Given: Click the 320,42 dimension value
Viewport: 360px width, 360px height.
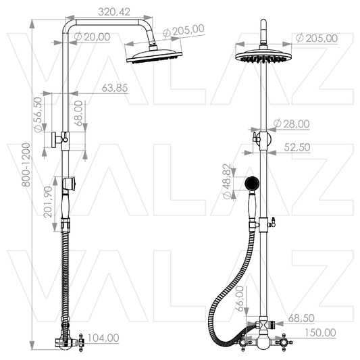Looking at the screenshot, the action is tap(114, 12).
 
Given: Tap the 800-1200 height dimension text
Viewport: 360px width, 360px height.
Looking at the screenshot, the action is tap(26, 165).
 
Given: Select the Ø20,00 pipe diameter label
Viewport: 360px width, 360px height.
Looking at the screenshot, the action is tap(93, 37).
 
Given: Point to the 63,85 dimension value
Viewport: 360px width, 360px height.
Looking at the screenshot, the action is tap(115, 88).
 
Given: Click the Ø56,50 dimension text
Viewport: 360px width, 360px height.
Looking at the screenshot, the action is tap(38, 115).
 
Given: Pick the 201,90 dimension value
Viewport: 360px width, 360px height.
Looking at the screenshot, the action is tap(49, 202).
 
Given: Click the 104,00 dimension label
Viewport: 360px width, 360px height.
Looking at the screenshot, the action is tap(103, 338).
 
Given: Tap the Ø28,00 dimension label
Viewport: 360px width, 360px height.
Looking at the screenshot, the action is tap(292, 124).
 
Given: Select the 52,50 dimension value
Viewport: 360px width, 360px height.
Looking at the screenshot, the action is tap(297, 147).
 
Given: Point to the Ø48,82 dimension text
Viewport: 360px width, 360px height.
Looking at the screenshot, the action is tap(227, 182).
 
